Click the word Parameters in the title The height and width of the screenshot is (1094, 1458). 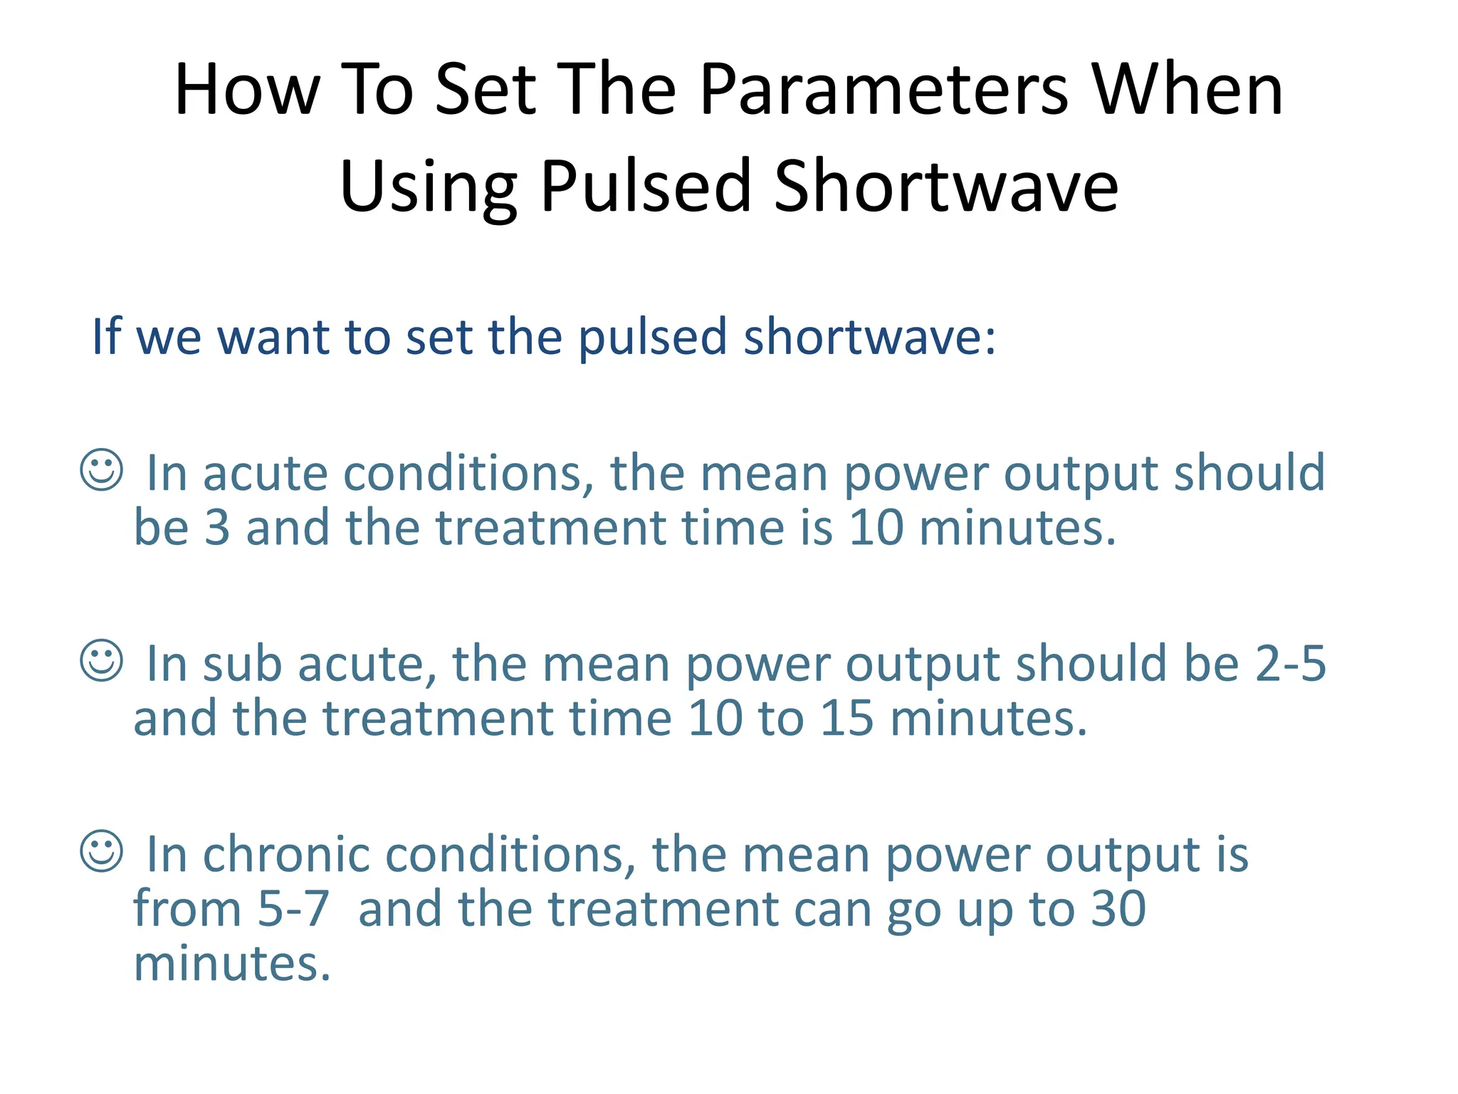883,90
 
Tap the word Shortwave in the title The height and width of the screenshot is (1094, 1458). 946,187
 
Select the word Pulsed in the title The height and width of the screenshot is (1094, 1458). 646,187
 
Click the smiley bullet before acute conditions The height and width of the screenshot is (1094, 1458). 102,470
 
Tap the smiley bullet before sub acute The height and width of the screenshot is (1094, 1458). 102,660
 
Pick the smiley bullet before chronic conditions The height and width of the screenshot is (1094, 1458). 102,851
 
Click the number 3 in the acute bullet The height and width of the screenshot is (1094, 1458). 217,528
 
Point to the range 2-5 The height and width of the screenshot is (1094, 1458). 1290,664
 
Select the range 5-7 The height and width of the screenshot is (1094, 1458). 293,910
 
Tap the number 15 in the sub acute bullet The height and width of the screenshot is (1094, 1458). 846,719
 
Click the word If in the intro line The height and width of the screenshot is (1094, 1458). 106,336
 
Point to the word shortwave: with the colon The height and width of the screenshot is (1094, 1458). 869,336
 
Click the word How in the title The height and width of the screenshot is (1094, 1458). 247,90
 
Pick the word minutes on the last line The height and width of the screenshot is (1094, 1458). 232,964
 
